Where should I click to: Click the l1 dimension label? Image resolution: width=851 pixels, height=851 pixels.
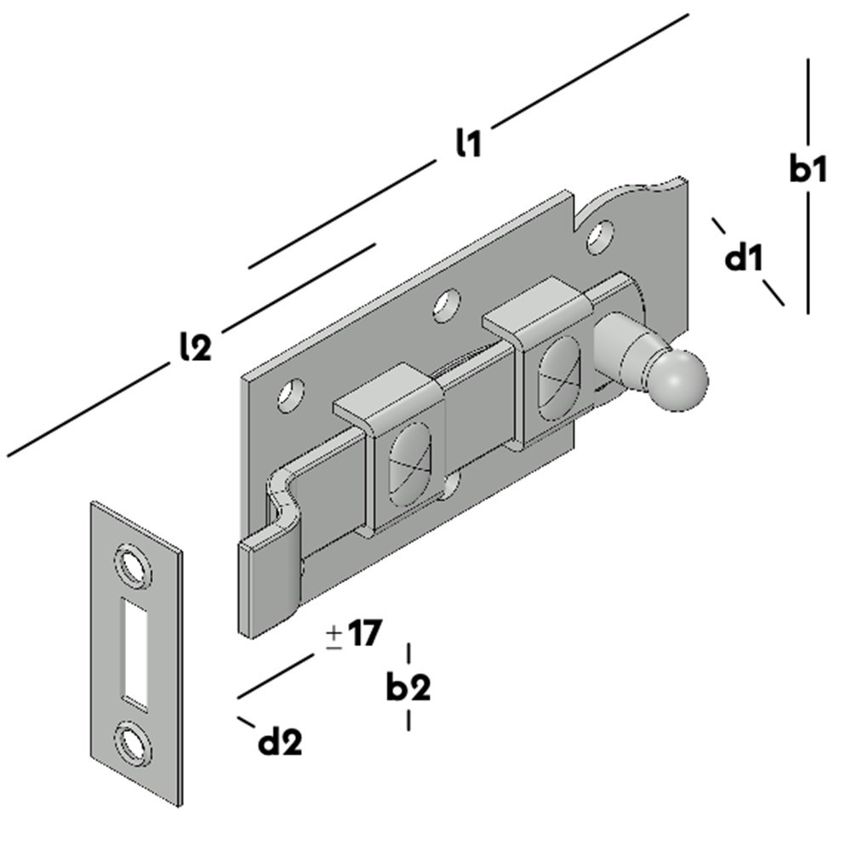pos(467,143)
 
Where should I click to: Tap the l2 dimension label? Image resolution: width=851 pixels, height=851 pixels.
pos(195,346)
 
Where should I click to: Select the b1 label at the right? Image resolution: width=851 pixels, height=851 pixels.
pos(807,169)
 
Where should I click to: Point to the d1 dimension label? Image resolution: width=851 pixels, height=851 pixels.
pos(745,257)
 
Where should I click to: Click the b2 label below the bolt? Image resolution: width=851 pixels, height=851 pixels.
pos(408,687)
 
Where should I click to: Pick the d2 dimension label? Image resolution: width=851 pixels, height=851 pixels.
pos(280,743)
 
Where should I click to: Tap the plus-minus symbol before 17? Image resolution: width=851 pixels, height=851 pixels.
pos(334,636)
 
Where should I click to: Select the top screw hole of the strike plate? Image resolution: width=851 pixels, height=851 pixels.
pos(133,563)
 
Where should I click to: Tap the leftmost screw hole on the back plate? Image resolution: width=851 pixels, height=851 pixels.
pos(293,394)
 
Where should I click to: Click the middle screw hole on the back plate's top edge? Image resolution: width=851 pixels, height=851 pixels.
pos(445,305)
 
